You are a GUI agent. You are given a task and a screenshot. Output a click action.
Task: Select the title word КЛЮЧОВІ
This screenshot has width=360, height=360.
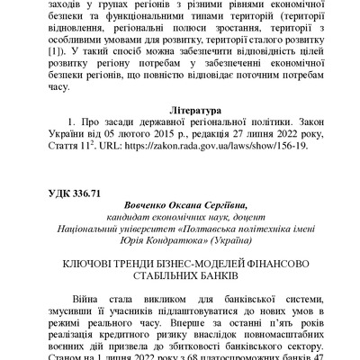89,261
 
